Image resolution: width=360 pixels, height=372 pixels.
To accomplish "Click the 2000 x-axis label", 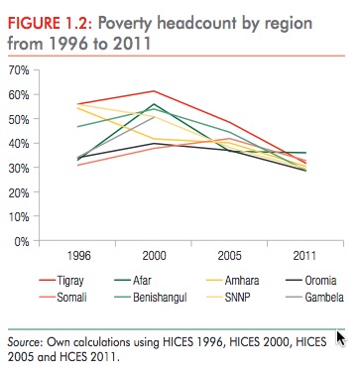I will coord(152,254).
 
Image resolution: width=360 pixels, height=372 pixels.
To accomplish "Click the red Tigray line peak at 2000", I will coord(152,91).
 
